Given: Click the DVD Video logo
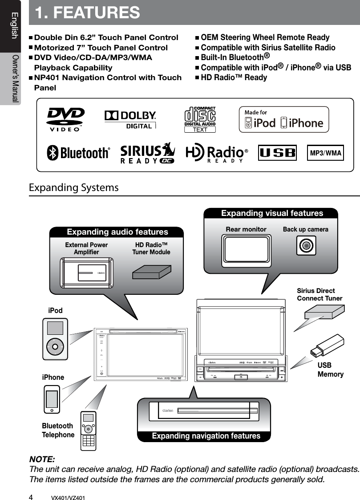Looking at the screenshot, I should pos(65,119).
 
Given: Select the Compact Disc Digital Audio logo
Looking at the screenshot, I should pos(200,119).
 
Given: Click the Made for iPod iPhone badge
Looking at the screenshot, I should pos(283,119).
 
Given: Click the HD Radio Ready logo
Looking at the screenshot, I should pos(216,154).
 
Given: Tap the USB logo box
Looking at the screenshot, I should pos(277,154).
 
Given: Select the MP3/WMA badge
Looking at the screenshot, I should pos(326,154).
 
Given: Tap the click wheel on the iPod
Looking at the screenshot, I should pos(55,346).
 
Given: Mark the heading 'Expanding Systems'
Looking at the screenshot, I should pos(74,187).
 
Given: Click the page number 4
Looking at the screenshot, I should pos(31,495).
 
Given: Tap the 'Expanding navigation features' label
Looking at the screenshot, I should pos(206,436).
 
